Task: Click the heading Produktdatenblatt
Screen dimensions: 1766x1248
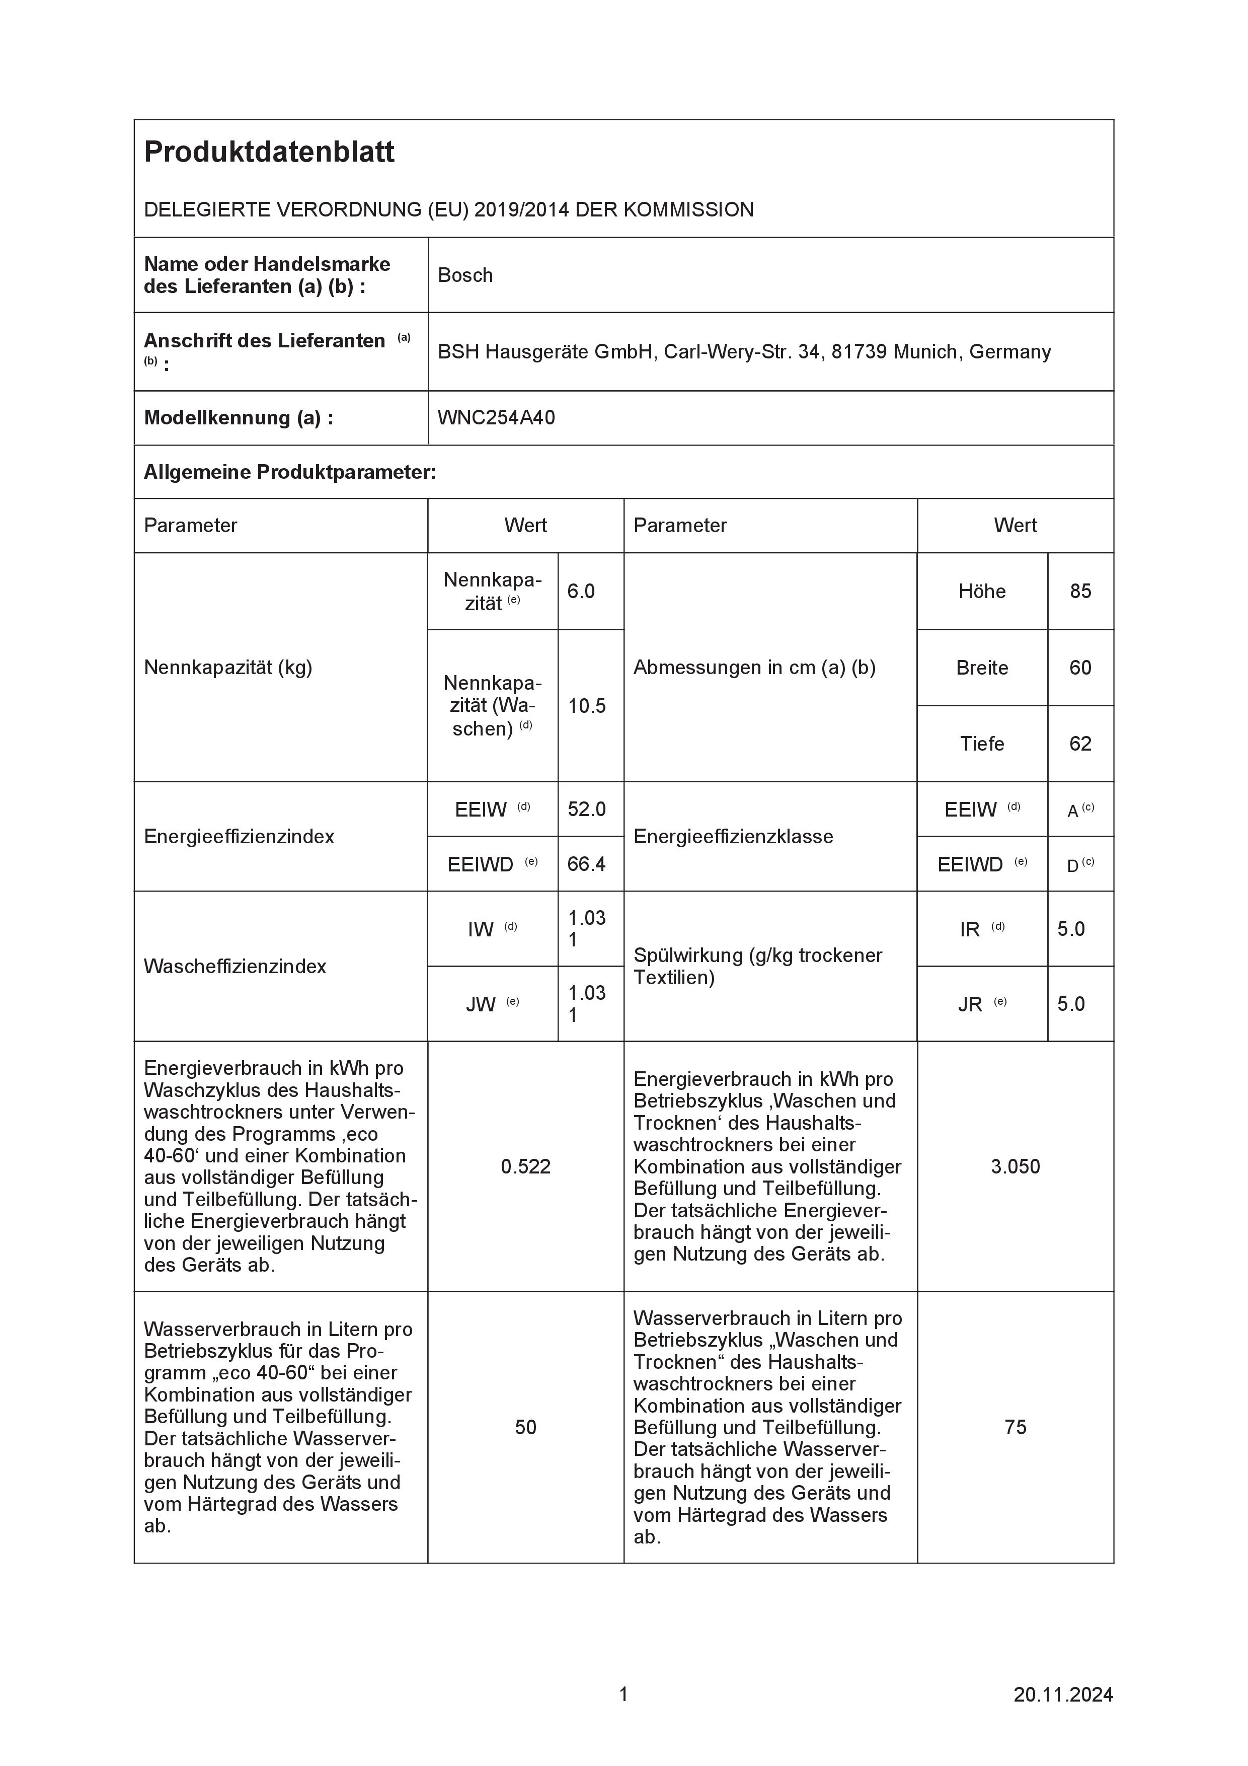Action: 269,153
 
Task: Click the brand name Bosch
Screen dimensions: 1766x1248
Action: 465,275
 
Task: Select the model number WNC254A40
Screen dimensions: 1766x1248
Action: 496,418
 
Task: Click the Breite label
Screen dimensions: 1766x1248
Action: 982,668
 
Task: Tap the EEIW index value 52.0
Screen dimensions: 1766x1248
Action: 587,809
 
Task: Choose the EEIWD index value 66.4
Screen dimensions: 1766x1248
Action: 587,864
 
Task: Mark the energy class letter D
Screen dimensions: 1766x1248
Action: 1073,865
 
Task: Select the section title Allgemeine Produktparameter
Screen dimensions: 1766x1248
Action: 289,472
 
